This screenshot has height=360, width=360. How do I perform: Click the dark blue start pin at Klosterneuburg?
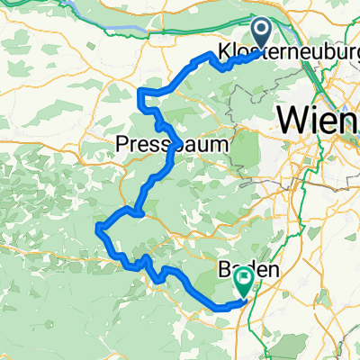[262, 32]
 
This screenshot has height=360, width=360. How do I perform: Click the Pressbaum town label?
[172, 143]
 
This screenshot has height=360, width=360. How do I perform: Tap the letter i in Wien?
[319, 117]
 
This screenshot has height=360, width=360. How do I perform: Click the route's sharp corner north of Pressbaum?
[139, 92]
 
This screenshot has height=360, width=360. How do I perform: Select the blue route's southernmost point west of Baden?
[220, 308]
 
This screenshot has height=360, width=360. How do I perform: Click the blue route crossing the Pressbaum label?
[171, 149]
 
